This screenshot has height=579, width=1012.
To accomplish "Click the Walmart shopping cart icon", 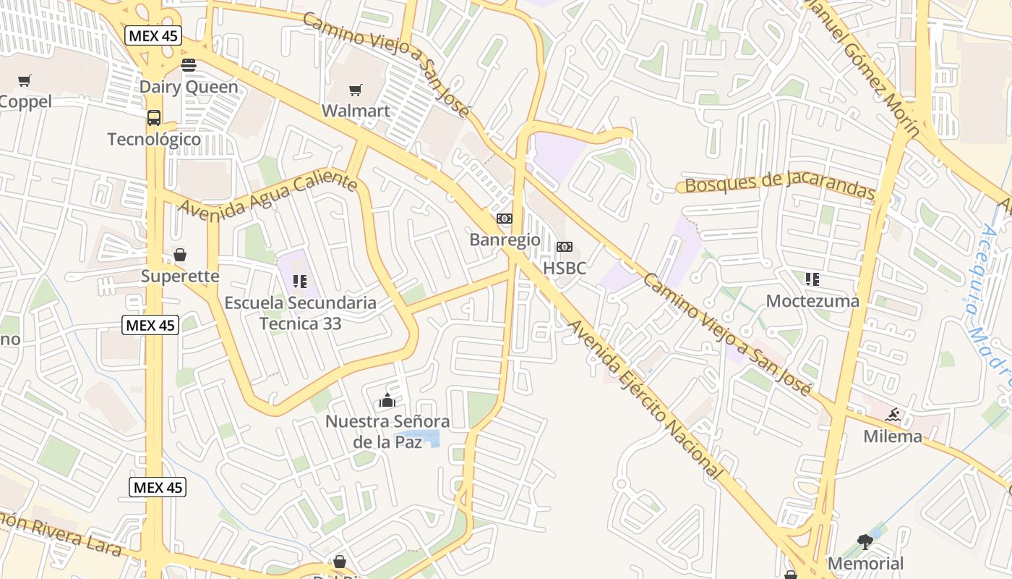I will click(x=355, y=90).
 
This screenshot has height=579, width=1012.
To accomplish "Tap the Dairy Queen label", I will click(x=188, y=87).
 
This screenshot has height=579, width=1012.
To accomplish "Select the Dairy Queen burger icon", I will click(x=189, y=65).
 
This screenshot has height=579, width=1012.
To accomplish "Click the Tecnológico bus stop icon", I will click(x=154, y=118).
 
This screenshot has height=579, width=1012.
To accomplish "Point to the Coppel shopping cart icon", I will click(x=25, y=80).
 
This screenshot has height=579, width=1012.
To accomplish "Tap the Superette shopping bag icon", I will click(x=180, y=255).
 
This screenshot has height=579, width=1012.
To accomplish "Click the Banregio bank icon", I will click(x=504, y=219).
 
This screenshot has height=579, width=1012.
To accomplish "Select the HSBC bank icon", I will click(x=564, y=247).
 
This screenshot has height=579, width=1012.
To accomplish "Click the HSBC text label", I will click(x=564, y=268).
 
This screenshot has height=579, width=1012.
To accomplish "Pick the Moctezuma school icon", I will click(x=812, y=279).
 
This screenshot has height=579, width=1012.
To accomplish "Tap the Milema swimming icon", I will click(x=893, y=415).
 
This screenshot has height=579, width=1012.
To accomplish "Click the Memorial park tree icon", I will click(x=865, y=541).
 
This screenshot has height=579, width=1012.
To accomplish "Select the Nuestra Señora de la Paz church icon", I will click(x=387, y=400).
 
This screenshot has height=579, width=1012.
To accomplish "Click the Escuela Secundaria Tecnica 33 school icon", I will click(x=300, y=282).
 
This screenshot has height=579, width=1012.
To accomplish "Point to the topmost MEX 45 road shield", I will click(x=153, y=35).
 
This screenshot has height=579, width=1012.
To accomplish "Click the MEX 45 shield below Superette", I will click(x=150, y=325).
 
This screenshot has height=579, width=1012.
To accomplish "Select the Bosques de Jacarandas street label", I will click(x=779, y=184).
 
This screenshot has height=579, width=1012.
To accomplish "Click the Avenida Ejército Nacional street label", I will click(x=646, y=400).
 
